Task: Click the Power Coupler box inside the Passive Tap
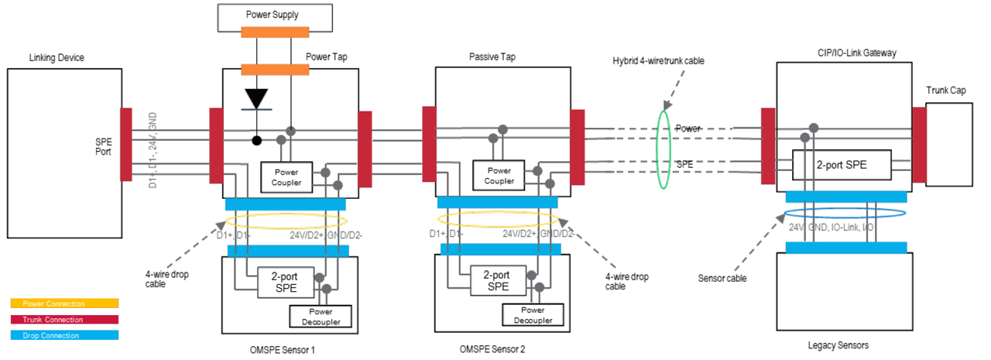pyautogui.click(x=499, y=176)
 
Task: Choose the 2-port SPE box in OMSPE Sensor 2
pyautogui.click(x=495, y=280)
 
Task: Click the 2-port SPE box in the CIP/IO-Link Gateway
pyautogui.click(x=841, y=164)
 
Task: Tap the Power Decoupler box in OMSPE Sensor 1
pyautogui.click(x=320, y=315)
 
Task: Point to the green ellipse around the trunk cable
pyautogui.click(x=664, y=148)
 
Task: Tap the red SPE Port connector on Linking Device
pyautogui.click(x=126, y=144)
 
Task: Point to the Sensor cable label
pyautogui.click(x=722, y=278)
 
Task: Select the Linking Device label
pyautogui.click(x=57, y=58)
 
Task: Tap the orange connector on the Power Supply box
pyautogui.click(x=276, y=33)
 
